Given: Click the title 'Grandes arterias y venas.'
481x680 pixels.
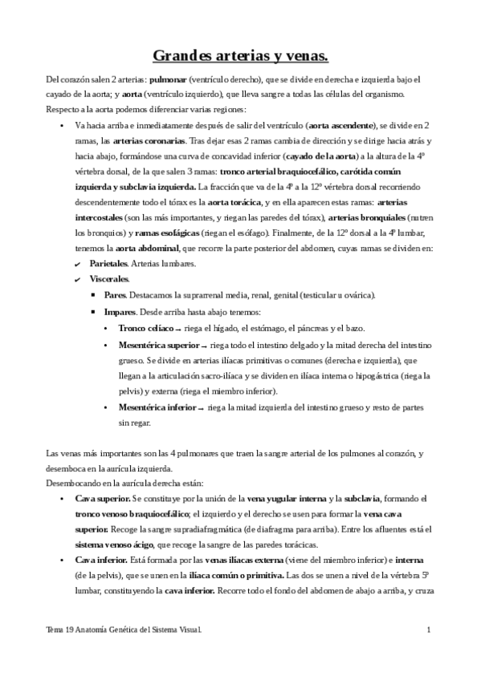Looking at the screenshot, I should [x=240, y=56].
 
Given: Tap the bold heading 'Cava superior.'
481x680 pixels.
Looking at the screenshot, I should [x=99, y=498].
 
